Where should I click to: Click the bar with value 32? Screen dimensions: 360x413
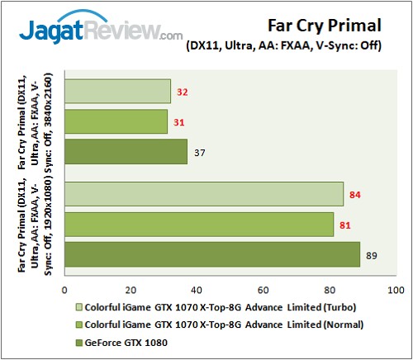(x=116, y=91)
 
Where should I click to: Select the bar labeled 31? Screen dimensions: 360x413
(x=115, y=121)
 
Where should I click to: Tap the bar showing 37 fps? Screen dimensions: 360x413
(x=125, y=152)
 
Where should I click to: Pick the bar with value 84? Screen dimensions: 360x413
(x=202, y=194)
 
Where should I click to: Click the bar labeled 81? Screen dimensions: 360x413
(x=197, y=224)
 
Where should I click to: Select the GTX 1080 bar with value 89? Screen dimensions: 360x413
(x=211, y=254)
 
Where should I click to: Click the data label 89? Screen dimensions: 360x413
(x=373, y=255)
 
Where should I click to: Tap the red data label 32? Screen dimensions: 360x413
(x=184, y=92)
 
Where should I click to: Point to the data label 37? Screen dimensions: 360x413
(x=201, y=153)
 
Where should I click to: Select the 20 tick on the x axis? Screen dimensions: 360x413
(x=130, y=290)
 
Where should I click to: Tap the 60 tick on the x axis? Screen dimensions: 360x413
(x=263, y=290)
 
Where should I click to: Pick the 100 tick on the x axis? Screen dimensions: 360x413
(x=395, y=290)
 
